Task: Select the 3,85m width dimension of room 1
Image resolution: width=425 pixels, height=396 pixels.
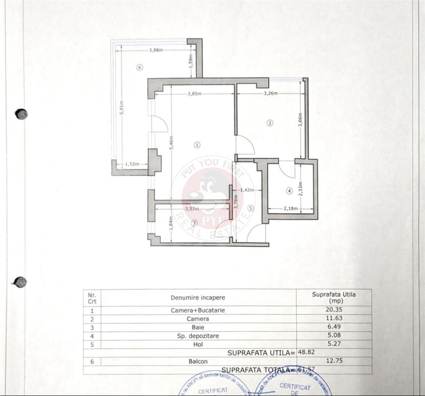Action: pyautogui.click(x=195, y=94)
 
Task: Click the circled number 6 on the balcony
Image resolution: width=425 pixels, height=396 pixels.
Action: pyautogui.click(x=139, y=67)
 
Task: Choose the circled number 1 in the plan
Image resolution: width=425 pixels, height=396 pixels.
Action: pyautogui.click(x=197, y=144)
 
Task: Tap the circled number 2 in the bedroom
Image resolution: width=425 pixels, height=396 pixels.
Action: pyautogui.click(x=270, y=124)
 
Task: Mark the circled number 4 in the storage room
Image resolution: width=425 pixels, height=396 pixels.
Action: pyautogui.click(x=289, y=191)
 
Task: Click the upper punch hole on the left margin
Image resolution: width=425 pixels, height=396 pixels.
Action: pyautogui.click(x=21, y=114)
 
